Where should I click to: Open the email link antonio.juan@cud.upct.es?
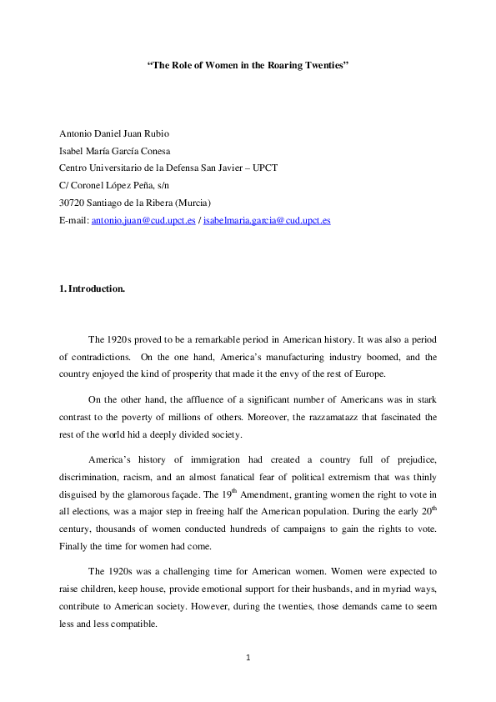pyautogui.click(x=144, y=221)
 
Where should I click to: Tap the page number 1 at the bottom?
pyautogui.click(x=248, y=657)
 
